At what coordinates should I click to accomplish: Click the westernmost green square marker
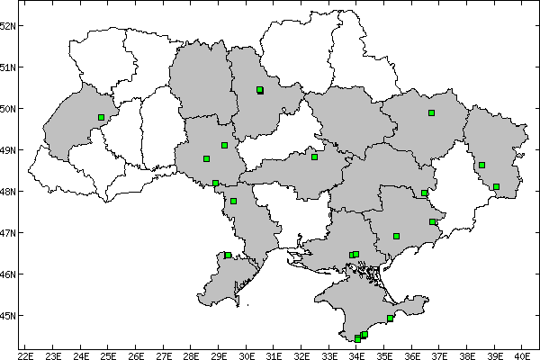coord(101,117)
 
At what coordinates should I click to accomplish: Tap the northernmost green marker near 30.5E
coord(259,90)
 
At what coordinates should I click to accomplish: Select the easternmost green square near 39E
coord(496,186)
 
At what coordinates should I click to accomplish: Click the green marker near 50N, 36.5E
coord(431,112)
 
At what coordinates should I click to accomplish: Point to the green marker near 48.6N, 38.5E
coord(481,165)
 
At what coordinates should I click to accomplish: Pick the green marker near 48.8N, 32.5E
coord(314,157)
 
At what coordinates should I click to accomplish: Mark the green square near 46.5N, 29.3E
coord(228,255)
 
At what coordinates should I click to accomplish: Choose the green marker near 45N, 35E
coord(390,318)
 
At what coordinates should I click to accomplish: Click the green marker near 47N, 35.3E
coord(396,236)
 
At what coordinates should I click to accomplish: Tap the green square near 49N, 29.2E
coord(224,145)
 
